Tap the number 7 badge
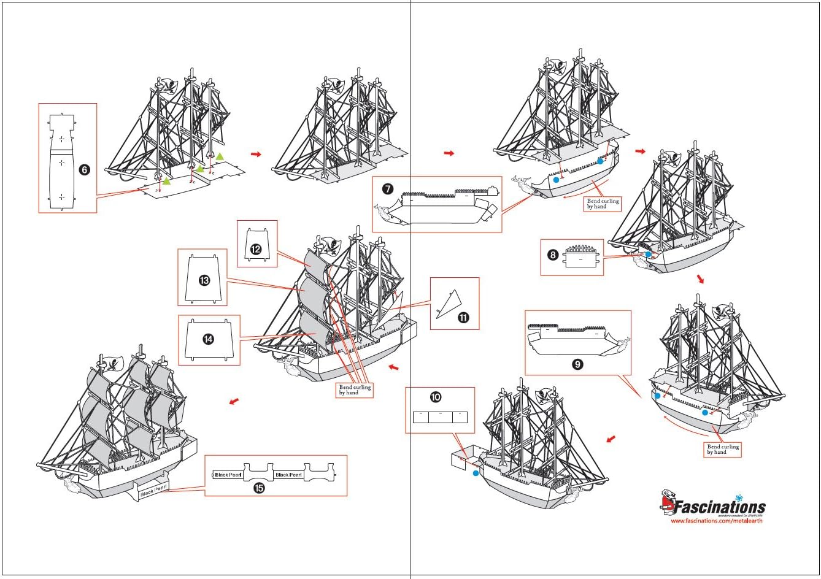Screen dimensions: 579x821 pos(388,189)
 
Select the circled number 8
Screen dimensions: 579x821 pos(553,255)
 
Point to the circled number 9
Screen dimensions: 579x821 pos(577,364)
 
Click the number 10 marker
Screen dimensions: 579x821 pos(436,397)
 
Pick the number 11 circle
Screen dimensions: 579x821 pos(463,317)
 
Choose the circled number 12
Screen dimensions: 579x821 pos(256,249)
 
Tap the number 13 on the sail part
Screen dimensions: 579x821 pos(204,280)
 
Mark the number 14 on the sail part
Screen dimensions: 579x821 pos(209,339)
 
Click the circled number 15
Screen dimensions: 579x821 pos(260,488)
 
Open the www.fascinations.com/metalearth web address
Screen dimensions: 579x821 pos(716,521)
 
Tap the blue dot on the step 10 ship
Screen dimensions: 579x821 pos(476,474)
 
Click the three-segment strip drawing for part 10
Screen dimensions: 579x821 pos(440,417)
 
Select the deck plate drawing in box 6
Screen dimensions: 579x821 pos(61,163)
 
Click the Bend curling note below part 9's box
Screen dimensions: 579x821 pos(723,450)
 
